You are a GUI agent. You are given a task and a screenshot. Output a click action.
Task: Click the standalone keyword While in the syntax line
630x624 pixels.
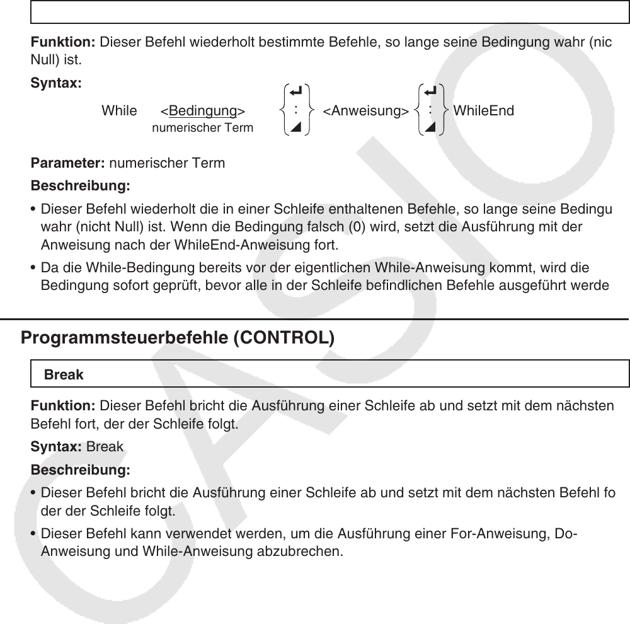(119, 112)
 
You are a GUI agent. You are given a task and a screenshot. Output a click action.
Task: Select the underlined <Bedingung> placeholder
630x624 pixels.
(202, 112)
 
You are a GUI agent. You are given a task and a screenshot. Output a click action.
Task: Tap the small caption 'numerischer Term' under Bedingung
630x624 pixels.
(203, 128)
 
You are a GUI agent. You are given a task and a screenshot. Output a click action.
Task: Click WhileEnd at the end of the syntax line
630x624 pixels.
(483, 111)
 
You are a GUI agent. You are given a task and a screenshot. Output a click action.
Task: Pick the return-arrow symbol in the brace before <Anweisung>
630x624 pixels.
(295, 93)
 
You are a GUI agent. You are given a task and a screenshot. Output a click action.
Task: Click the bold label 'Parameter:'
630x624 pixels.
(69, 164)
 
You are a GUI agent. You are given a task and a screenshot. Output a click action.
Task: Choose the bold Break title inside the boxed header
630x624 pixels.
(64, 374)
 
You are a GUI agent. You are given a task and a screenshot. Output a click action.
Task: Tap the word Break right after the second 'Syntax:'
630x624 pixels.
(105, 447)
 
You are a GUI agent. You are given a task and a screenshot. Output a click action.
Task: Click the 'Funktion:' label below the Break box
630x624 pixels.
(63, 407)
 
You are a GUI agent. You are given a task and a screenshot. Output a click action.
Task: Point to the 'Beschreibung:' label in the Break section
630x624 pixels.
(81, 471)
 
